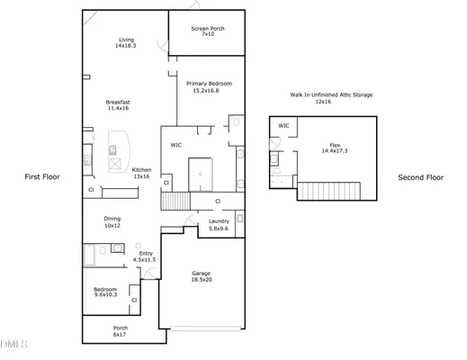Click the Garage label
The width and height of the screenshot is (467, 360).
202,274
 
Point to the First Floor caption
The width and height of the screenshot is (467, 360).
41,177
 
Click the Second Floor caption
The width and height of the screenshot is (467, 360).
421,177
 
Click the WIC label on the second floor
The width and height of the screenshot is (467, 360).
283,126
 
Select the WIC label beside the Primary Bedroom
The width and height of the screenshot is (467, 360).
176,144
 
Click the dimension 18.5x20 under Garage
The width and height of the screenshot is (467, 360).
202,280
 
